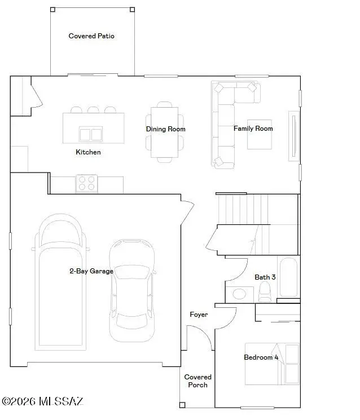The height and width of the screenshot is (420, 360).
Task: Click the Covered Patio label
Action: pos(91,36)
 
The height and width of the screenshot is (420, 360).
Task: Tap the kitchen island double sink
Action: pos(91,134)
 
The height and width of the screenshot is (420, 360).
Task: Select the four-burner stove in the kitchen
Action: pos(86,183)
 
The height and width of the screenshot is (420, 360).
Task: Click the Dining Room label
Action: pos(166,129)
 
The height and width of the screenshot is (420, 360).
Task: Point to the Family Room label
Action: pos(253,129)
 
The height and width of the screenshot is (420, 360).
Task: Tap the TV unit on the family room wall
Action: pos(294,136)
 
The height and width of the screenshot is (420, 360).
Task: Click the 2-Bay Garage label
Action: pos(91,271)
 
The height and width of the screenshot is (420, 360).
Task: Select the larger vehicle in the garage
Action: pos(60,282)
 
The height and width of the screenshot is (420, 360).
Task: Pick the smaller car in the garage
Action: pos(132,291)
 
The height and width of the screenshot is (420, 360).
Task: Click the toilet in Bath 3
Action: pos(265,292)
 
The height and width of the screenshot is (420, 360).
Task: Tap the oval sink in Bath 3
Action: pos(239,294)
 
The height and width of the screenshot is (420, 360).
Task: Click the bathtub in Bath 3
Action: pos(288,277)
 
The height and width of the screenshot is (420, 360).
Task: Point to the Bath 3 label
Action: pos(265,277)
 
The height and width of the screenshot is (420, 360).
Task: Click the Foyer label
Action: pos(199,315)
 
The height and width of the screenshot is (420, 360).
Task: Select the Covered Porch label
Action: pos(198,381)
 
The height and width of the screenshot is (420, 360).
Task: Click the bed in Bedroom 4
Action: pos(272,364)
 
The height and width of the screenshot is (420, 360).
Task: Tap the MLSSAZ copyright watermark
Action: pos(43,401)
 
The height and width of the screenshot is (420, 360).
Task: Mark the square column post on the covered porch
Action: pos(182,405)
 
